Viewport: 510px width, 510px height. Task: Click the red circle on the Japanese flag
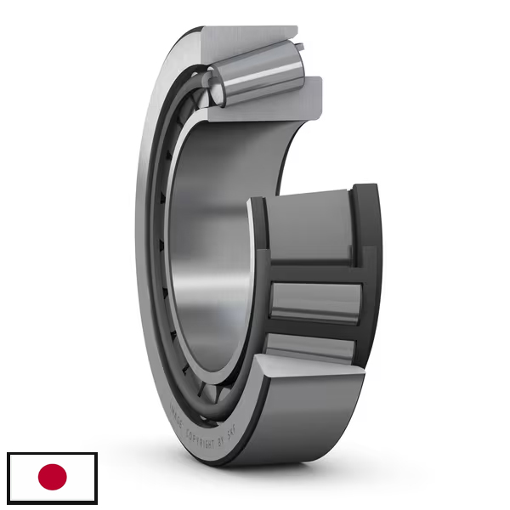(x=52, y=478)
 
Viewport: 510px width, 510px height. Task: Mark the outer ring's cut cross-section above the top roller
(x=255, y=34)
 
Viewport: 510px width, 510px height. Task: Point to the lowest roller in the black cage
(x=310, y=346)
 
